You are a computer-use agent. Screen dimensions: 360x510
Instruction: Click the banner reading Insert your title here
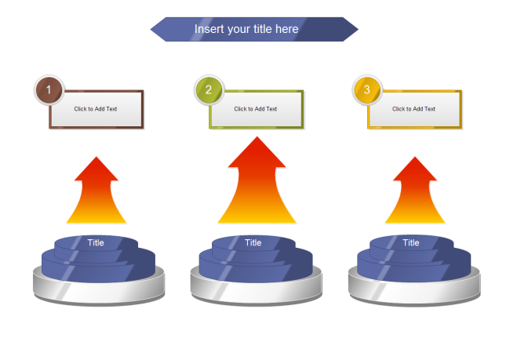click(253, 29)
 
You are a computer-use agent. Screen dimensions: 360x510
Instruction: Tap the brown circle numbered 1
click(49, 90)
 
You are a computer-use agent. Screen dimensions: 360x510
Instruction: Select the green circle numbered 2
click(209, 90)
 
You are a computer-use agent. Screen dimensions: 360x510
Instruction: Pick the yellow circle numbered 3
click(367, 90)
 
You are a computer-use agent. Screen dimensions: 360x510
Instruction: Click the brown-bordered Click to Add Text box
click(97, 109)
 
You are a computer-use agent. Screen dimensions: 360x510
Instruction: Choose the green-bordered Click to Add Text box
click(257, 109)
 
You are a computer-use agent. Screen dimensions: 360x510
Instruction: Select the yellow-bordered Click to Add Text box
click(415, 109)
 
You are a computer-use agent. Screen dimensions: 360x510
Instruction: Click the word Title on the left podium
click(96, 243)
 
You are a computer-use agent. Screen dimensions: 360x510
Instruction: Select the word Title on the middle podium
click(253, 243)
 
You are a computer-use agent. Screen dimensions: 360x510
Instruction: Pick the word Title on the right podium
click(411, 243)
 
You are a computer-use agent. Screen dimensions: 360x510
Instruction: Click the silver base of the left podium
click(99, 290)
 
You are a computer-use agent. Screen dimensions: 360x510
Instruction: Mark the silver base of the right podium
click(414, 290)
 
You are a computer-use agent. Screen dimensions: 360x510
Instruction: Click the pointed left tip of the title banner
click(153, 29)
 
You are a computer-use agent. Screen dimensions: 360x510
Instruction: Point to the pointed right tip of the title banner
click(355, 29)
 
